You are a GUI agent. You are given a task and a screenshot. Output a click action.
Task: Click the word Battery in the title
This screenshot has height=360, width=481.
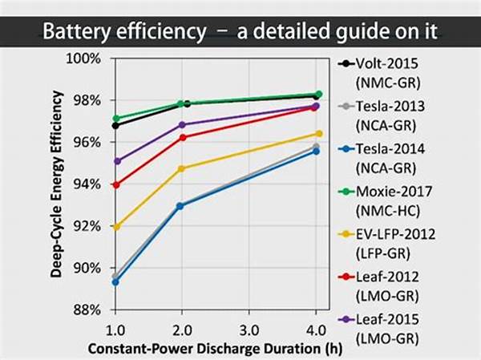(x=78, y=33)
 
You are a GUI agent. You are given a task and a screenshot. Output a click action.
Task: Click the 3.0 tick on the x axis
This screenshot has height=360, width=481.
(x=249, y=330)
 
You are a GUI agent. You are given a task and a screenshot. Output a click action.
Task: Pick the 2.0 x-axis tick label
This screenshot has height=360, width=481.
(x=182, y=330)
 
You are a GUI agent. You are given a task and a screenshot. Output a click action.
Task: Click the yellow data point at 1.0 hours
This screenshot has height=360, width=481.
(x=116, y=227)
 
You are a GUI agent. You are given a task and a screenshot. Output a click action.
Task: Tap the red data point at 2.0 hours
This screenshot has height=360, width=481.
(x=183, y=137)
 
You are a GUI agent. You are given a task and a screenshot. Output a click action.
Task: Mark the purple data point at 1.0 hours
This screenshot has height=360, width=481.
(x=116, y=161)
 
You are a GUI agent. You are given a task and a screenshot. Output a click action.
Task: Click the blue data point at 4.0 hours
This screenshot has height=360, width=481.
(x=316, y=151)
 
